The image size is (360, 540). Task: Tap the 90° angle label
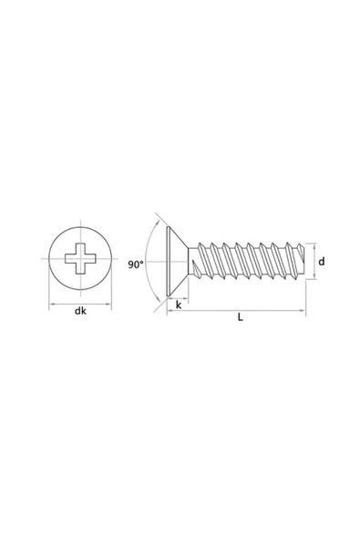pyautogui.click(x=136, y=265)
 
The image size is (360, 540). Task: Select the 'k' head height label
pyautogui.click(x=178, y=306)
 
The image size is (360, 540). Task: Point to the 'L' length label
pyautogui.click(x=239, y=318)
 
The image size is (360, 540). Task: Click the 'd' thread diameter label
pyautogui.click(x=323, y=262)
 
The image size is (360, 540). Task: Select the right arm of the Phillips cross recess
pyautogui.click(x=90, y=261)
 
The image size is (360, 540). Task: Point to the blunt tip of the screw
pyautogui.click(x=300, y=262)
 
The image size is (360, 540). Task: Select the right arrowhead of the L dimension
pyautogui.click(x=303, y=311)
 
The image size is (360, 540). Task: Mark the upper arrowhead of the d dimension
pyautogui.click(x=314, y=246)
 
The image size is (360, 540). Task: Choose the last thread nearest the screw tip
pyautogui.click(x=290, y=261)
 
